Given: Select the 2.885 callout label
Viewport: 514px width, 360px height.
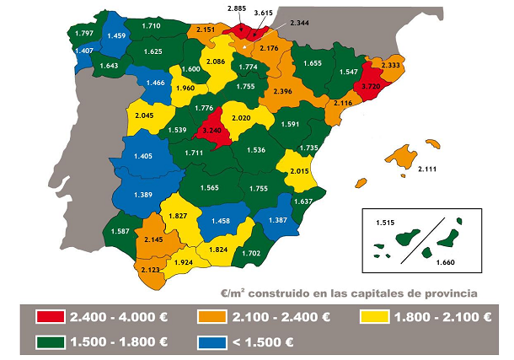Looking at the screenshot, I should [x=238, y=8].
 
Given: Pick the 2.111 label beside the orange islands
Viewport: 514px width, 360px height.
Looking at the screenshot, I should [x=430, y=169].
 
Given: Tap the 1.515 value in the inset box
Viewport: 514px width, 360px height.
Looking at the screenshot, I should [x=382, y=222].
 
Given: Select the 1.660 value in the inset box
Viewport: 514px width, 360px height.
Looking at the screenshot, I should [x=447, y=262].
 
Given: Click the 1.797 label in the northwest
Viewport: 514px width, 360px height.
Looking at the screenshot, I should [x=84, y=33].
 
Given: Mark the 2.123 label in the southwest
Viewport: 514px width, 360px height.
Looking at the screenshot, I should [x=151, y=269].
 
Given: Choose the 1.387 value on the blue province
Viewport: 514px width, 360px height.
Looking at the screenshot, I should [x=276, y=219].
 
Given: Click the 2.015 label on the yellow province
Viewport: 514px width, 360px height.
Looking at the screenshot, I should [x=301, y=171].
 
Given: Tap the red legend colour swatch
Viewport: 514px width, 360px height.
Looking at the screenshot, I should [x=51, y=317].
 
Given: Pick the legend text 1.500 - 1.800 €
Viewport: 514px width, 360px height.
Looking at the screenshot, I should [x=118, y=341].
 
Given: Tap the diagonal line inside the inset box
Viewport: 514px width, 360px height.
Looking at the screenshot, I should [x=418, y=239].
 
